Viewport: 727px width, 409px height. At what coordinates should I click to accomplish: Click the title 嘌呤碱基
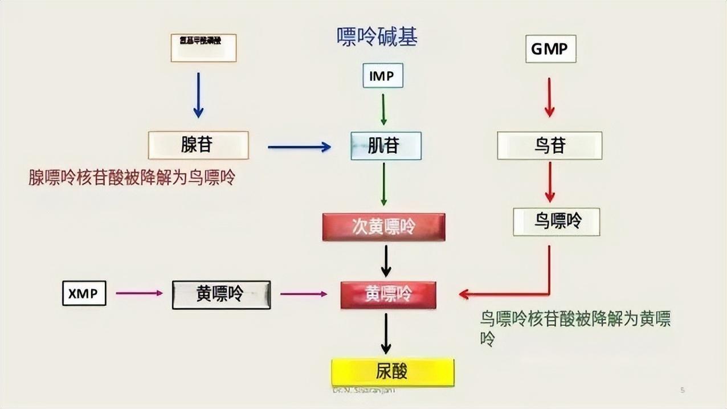pyautogui.click(x=377, y=37)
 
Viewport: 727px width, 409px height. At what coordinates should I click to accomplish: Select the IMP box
pyautogui.click(x=383, y=76)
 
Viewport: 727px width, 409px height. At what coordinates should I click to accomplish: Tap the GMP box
pyautogui.click(x=550, y=49)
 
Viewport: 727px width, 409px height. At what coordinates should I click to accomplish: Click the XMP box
pyautogui.click(x=84, y=293)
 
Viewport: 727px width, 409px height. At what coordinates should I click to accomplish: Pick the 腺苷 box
pyautogui.click(x=198, y=145)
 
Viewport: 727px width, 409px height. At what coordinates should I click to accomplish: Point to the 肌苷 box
pyautogui.click(x=386, y=146)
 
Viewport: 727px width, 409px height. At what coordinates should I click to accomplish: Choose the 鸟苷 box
pyautogui.click(x=549, y=146)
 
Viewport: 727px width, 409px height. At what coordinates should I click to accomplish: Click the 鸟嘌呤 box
pyautogui.click(x=556, y=222)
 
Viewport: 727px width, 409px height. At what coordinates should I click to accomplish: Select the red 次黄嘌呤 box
pyautogui.click(x=383, y=227)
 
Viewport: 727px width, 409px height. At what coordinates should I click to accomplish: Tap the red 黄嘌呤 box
pyautogui.click(x=388, y=295)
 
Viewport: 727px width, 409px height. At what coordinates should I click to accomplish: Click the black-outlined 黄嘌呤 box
pyautogui.click(x=221, y=295)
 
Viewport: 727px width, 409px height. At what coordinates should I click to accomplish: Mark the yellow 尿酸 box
pyautogui.click(x=393, y=372)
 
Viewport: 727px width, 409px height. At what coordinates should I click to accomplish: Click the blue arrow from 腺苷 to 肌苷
pyautogui.click(x=299, y=147)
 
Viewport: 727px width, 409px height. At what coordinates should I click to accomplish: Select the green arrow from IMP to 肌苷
pyautogui.click(x=383, y=109)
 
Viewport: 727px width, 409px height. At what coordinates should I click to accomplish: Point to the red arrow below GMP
pyautogui.click(x=549, y=97)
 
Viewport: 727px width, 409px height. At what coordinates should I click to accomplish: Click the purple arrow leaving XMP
pyautogui.click(x=139, y=293)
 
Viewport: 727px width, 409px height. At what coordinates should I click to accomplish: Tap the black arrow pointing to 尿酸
pyautogui.click(x=386, y=334)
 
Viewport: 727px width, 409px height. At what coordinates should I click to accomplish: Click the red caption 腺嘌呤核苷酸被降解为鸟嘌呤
pyautogui.click(x=132, y=178)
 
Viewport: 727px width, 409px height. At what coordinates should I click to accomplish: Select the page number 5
pyautogui.click(x=683, y=390)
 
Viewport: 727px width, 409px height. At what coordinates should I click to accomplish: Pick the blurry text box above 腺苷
pyautogui.click(x=203, y=48)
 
